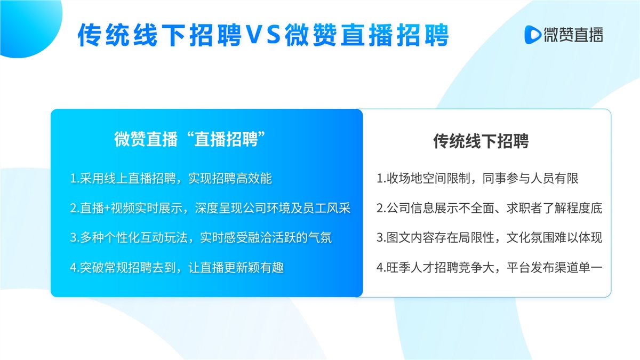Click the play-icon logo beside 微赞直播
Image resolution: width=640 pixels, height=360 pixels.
click(x=533, y=35)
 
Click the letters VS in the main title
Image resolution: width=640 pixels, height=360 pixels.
click(x=263, y=35)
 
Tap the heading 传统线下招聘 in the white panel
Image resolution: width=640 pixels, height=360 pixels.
click(x=481, y=141)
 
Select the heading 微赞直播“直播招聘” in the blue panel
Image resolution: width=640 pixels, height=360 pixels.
click(x=190, y=139)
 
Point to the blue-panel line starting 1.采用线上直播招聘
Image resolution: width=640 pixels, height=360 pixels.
click(x=171, y=178)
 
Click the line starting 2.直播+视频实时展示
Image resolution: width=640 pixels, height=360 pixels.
click(x=210, y=208)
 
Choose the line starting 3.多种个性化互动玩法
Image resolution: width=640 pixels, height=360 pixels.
click(x=201, y=237)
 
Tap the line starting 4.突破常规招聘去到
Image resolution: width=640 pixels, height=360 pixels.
click(x=177, y=267)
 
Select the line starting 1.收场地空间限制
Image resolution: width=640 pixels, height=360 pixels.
click(x=477, y=178)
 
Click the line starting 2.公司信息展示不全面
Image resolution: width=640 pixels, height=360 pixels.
click(x=490, y=208)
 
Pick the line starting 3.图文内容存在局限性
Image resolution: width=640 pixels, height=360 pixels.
click(x=490, y=237)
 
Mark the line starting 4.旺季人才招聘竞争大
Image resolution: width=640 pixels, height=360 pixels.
click(x=490, y=267)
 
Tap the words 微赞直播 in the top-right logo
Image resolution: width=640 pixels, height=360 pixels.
click(x=573, y=35)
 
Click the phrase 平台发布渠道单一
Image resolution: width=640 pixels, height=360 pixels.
click(x=555, y=267)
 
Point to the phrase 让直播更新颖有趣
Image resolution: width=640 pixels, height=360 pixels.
click(x=236, y=267)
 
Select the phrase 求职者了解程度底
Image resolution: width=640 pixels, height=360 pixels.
click(x=555, y=208)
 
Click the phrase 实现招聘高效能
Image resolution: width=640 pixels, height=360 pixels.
click(x=230, y=178)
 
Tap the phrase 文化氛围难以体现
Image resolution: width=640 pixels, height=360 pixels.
click(x=555, y=237)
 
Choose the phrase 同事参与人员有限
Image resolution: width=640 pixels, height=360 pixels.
click(x=531, y=178)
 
